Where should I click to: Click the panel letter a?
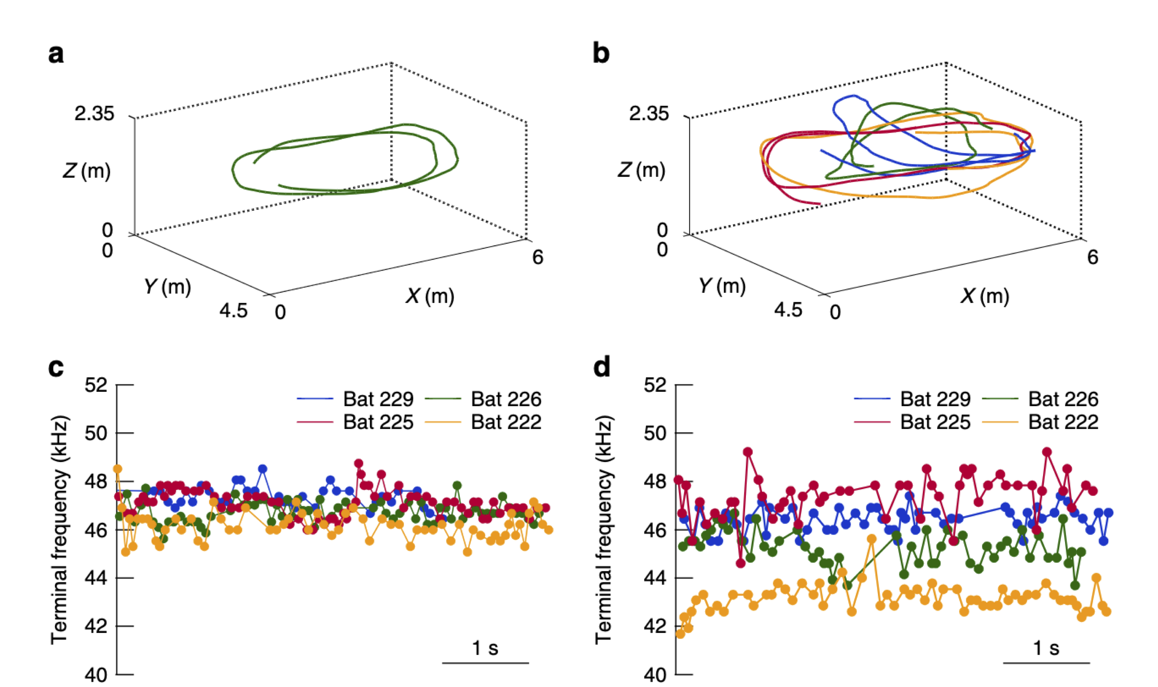[x=56, y=54]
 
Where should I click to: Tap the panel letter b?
[x=601, y=54]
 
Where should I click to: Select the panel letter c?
[x=56, y=368]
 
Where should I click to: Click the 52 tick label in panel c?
[x=96, y=385]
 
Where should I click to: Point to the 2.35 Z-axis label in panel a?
[x=94, y=113]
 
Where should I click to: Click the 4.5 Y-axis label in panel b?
[x=788, y=310]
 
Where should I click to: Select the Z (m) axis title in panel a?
[x=86, y=171]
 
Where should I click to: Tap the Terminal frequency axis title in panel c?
[x=60, y=530]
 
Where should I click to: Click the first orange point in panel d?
[x=680, y=634]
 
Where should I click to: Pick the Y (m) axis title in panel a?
[x=167, y=287]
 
